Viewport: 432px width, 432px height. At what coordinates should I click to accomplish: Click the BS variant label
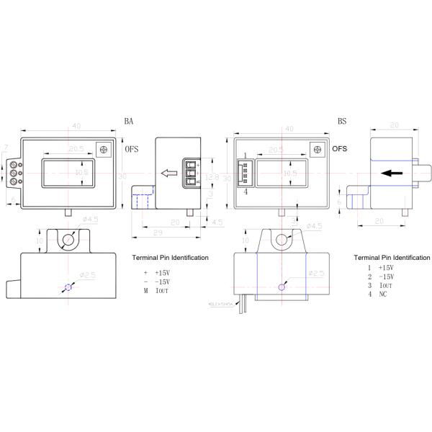click(343, 122)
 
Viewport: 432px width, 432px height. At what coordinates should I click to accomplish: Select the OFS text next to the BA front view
click(132, 150)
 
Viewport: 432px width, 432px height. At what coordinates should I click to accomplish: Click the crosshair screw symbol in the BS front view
click(316, 149)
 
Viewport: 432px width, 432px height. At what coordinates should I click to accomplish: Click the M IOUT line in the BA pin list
click(156, 291)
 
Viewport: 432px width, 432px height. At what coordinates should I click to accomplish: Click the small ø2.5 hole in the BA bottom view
click(68, 288)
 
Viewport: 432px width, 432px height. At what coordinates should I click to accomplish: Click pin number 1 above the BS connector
click(246, 156)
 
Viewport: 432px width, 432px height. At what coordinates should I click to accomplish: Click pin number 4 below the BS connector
click(246, 192)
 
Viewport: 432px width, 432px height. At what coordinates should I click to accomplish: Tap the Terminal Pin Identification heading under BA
click(171, 257)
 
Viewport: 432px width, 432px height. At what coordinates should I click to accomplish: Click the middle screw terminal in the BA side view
click(192, 174)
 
